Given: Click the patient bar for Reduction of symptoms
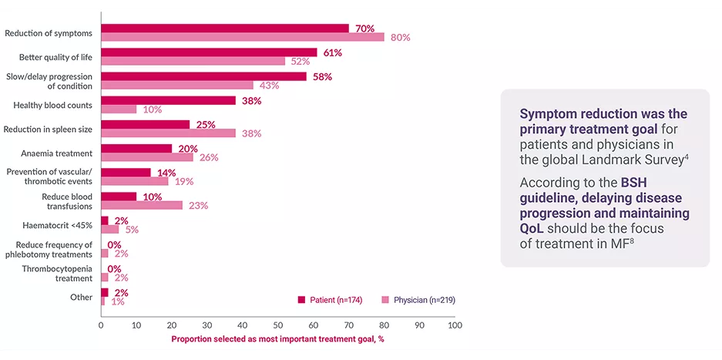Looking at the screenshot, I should coord(224,29).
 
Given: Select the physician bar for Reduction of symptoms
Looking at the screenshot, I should coord(242,37).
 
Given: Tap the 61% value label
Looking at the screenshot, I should coord(333,52).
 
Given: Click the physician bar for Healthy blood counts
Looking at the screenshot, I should coord(119,109).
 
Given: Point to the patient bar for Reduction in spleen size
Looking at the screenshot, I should coord(145,124).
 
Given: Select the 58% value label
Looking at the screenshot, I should coord(323,76).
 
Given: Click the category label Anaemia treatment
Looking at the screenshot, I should coord(56,153).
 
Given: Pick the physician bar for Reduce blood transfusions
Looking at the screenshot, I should coord(142,205).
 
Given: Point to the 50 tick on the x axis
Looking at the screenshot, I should coord(278,325).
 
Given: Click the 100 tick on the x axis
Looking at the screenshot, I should coord(455,325).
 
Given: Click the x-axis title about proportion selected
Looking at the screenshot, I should coord(277,339).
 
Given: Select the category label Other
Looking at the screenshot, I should coord(81,297).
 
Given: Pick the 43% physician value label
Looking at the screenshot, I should coord(270,86).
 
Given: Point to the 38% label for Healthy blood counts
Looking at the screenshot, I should coord(252,100).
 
